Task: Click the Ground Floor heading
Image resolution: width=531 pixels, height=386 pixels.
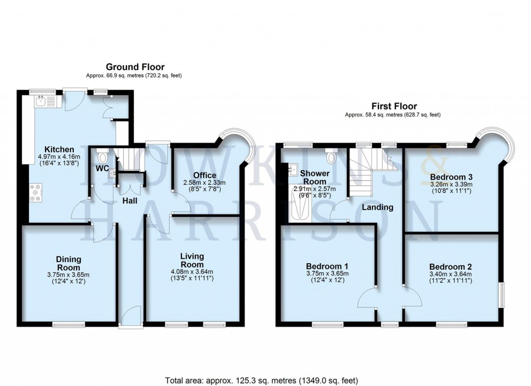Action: [x=135, y=67]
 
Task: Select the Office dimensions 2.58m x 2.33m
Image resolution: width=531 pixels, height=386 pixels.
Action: [x=205, y=183]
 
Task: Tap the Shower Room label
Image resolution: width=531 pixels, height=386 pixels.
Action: [x=315, y=177]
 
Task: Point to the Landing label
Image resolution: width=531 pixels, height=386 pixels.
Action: [x=378, y=207]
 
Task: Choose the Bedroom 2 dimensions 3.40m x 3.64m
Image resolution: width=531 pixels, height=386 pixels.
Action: [x=451, y=274]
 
